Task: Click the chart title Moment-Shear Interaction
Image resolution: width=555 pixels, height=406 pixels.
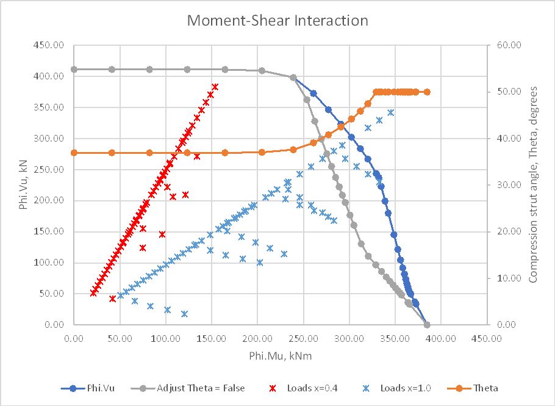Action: click(x=277, y=20)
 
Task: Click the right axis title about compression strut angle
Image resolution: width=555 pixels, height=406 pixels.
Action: click(x=533, y=184)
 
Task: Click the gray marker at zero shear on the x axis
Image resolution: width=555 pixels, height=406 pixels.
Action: click(x=427, y=325)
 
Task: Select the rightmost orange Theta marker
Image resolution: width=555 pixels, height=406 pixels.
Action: click(x=427, y=92)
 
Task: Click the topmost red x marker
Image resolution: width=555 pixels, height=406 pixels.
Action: click(x=215, y=87)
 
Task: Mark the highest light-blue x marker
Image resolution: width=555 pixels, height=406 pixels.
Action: click(x=391, y=112)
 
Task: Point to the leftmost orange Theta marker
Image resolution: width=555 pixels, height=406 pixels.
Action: click(x=74, y=153)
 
